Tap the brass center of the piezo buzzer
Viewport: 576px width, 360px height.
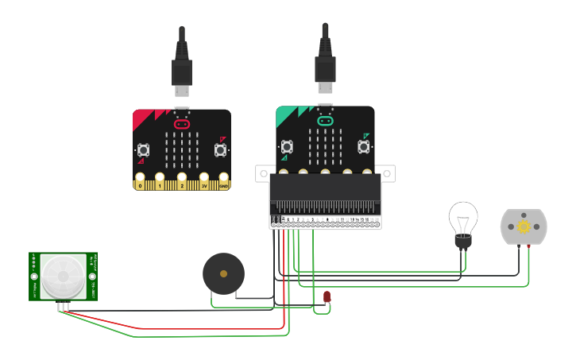tap(223, 274)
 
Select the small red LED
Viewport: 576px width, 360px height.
tap(327, 297)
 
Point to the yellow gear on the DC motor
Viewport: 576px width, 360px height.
tap(524, 226)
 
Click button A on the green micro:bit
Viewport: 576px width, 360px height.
tap(287, 147)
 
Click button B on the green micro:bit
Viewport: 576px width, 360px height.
tap(364, 147)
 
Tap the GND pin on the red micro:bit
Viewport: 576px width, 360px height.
tap(224, 183)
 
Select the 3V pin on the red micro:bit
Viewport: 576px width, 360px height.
tap(204, 183)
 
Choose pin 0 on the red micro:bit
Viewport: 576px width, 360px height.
tap(141, 183)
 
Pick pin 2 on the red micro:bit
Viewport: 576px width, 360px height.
tap(182, 183)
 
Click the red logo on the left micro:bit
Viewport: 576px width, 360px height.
tap(182, 124)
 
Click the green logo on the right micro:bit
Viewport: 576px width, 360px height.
tap(325, 121)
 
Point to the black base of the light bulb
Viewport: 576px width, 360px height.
tap(462, 242)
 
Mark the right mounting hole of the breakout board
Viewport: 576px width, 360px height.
tap(389, 172)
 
